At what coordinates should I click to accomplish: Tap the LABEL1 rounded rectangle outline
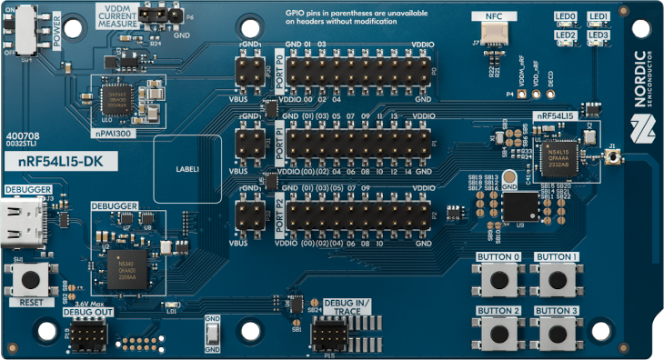click(187, 168)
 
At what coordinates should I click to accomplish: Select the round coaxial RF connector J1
click(615, 157)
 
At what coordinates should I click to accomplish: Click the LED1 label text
click(598, 16)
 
